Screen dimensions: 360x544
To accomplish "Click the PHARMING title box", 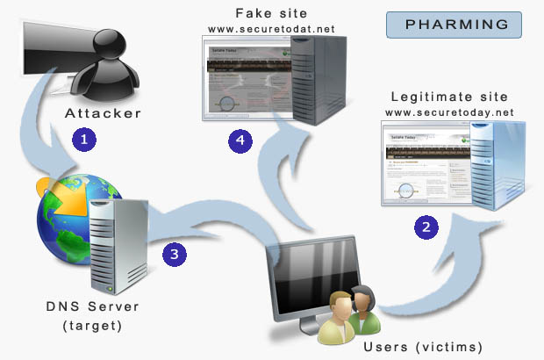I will [x=454, y=24].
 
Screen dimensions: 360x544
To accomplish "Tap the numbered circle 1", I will [x=85, y=139].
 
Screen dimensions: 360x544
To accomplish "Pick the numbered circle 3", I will [x=175, y=255].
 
